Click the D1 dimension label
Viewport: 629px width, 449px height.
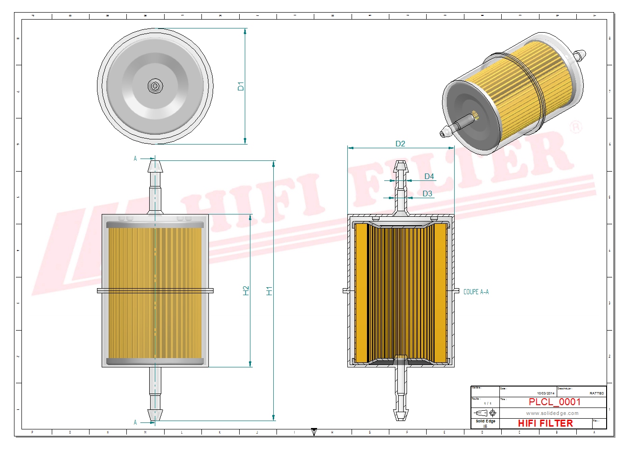[x=241, y=86]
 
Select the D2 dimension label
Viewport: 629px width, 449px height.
[x=400, y=144]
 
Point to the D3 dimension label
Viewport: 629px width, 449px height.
[x=427, y=193]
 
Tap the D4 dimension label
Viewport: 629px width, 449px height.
[x=429, y=176]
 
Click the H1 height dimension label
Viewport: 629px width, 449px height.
[x=269, y=290]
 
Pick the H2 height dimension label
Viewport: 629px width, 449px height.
[x=246, y=290]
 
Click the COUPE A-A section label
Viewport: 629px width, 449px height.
[x=476, y=292]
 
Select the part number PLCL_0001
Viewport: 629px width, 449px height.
[x=554, y=402]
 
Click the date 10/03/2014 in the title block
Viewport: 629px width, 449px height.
[x=546, y=394]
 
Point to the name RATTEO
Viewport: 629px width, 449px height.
[x=596, y=394]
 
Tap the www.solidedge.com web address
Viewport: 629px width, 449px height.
[x=552, y=413]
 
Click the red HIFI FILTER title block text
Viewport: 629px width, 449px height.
[x=545, y=423]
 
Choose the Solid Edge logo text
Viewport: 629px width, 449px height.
[x=485, y=421]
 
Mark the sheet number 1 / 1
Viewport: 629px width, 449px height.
[x=487, y=403]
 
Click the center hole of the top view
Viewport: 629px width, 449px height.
[x=155, y=86]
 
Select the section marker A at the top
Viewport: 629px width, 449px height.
[x=135, y=159]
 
